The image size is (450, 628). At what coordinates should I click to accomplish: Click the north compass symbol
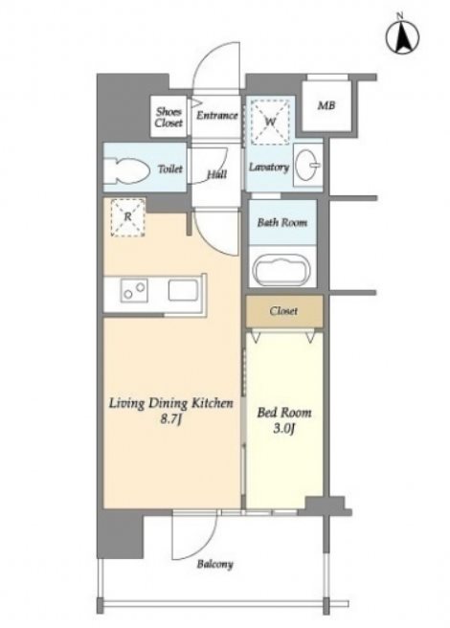click(402, 35)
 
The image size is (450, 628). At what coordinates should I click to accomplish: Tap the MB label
click(326, 105)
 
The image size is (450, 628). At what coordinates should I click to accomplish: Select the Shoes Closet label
click(169, 118)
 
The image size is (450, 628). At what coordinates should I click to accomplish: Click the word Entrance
click(216, 116)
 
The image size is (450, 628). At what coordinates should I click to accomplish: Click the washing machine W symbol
click(271, 121)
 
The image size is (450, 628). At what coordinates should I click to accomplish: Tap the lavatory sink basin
click(307, 165)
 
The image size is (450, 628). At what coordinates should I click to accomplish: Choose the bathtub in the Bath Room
click(282, 269)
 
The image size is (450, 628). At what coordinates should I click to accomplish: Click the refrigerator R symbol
click(127, 217)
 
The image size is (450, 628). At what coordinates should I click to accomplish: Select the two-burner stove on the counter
click(134, 290)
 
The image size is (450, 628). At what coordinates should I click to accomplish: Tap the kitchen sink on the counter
click(183, 290)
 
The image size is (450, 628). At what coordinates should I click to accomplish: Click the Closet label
click(283, 311)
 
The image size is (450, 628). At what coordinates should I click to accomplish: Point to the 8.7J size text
click(171, 419)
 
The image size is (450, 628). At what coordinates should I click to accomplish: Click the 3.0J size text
click(284, 429)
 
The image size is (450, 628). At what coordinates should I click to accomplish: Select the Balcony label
click(214, 564)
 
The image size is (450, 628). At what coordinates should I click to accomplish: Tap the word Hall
click(216, 174)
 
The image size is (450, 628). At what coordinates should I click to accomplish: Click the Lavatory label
click(269, 167)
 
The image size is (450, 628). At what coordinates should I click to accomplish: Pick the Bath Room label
click(282, 222)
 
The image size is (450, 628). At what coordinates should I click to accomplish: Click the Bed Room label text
click(284, 412)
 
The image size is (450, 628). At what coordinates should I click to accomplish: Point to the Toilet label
click(170, 169)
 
